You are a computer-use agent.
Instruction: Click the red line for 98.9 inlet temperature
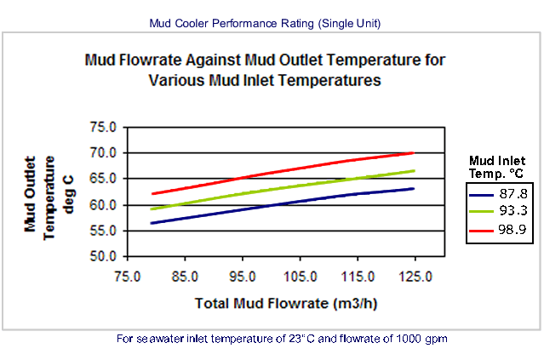click(283, 173)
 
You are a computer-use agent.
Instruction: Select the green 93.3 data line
click(283, 189)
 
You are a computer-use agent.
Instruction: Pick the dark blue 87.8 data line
click(283, 205)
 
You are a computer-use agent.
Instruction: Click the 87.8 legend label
click(513, 193)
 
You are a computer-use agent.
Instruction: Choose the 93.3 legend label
click(513, 210)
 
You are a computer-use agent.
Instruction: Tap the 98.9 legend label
click(513, 229)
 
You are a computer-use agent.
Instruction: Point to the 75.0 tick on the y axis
click(103, 128)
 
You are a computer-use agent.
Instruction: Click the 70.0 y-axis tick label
click(103, 152)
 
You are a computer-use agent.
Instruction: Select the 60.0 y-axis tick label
click(103, 205)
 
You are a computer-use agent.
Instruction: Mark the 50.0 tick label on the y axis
click(103, 256)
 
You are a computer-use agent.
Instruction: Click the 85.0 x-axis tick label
click(185, 277)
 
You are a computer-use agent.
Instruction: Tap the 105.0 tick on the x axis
click(301, 277)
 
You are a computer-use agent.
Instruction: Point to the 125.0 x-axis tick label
click(415, 277)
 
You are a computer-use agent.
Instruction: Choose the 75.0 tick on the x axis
click(128, 277)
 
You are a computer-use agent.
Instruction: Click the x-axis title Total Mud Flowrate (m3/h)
click(286, 304)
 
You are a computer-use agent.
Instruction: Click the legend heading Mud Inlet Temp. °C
click(497, 167)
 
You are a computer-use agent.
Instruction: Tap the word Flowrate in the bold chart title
click(150, 60)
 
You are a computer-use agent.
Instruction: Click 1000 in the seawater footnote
click(409, 339)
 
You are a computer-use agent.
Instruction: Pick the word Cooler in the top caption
click(192, 24)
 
